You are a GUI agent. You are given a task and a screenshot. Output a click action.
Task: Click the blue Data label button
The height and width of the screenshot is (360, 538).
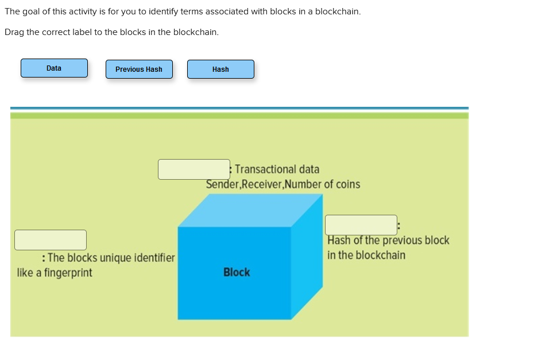(54, 68)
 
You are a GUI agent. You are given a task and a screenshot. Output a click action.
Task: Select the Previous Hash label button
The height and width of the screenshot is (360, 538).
(139, 69)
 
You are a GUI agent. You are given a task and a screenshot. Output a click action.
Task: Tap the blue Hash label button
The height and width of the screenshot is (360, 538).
(220, 69)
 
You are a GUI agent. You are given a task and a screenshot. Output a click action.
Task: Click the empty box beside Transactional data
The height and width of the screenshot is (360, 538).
(194, 169)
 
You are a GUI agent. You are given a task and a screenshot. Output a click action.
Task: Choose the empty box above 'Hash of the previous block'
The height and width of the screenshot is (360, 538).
(361, 225)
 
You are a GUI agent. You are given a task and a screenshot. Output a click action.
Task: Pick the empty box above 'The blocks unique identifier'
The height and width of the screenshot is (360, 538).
(51, 240)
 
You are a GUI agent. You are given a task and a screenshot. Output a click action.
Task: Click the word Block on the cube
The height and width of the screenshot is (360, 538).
(237, 272)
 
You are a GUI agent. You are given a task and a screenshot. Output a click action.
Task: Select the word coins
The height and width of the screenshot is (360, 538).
(347, 184)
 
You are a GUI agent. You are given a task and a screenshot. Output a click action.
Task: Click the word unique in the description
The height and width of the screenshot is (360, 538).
(117, 258)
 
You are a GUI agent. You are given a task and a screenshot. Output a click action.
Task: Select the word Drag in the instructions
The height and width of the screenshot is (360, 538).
(14, 32)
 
